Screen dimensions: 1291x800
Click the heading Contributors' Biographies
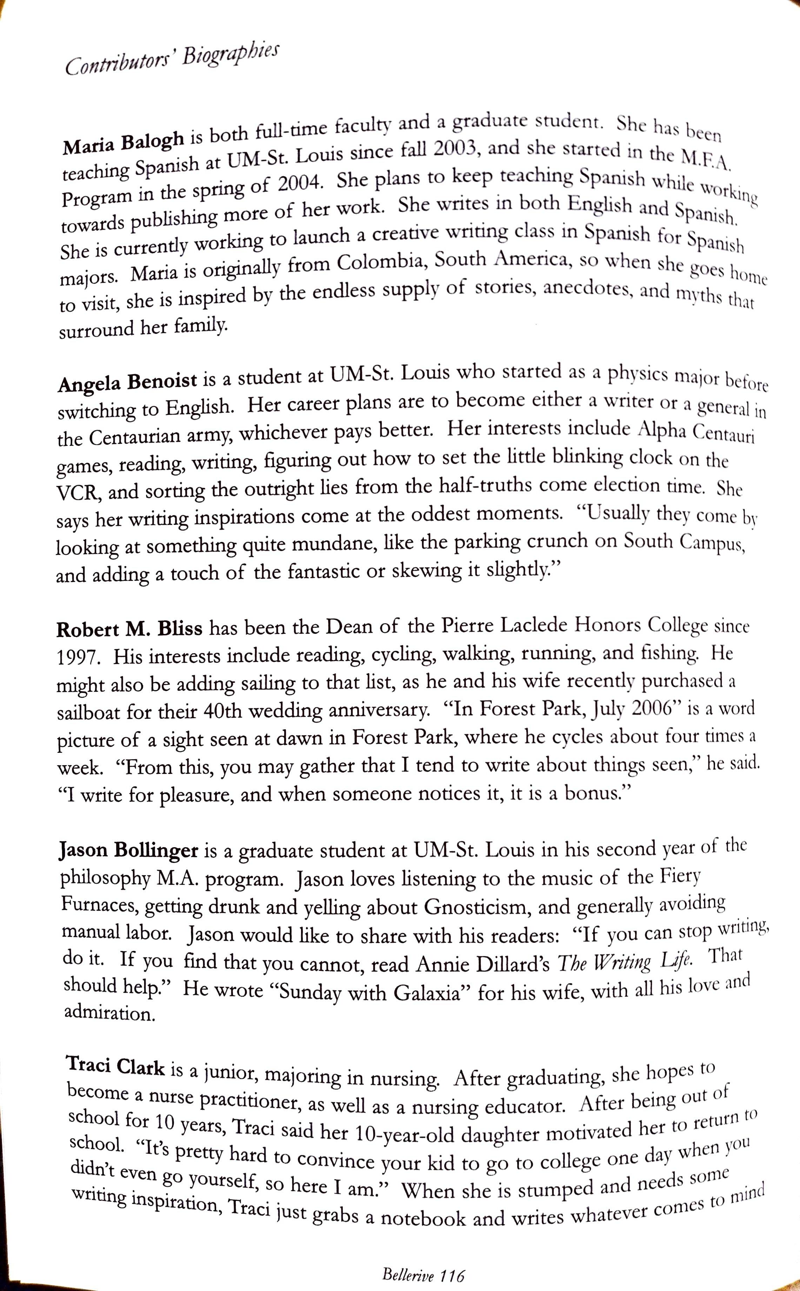[172, 59]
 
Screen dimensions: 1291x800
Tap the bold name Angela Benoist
[127, 381]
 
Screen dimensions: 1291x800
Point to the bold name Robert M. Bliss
[129, 629]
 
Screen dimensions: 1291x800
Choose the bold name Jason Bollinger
[129, 850]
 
